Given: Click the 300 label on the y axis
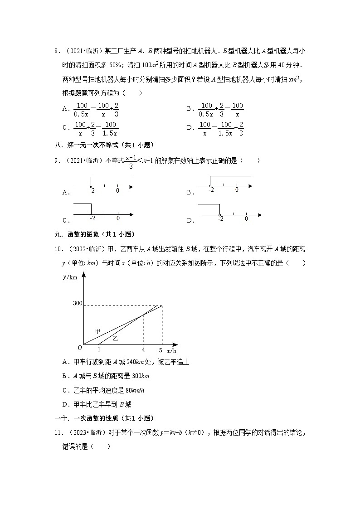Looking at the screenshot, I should [77, 303].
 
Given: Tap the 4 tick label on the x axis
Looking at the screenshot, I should [143, 350].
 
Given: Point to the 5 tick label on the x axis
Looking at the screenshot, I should [161, 350].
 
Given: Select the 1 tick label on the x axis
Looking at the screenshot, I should [99, 350].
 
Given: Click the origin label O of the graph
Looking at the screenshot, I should [79, 348].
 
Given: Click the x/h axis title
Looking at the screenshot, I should [171, 350].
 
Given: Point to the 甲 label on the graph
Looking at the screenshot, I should [97, 331].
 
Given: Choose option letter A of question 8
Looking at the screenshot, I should [65, 108].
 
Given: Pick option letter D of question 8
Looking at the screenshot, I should [190, 128].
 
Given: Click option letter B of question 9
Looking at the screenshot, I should [190, 193].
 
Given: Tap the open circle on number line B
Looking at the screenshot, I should [210, 185].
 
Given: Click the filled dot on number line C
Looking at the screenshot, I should [92, 214].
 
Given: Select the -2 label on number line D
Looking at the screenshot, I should [220, 219].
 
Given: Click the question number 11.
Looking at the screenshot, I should [58, 432].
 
